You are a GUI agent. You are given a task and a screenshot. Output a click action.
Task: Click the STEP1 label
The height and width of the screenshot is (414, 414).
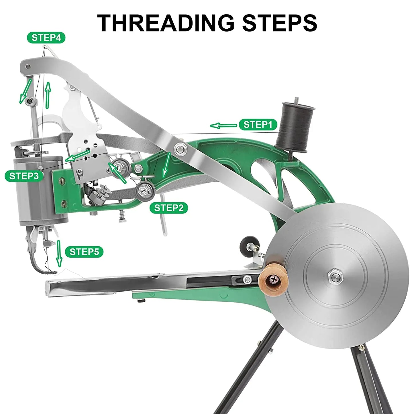pyautogui.click(x=258, y=125)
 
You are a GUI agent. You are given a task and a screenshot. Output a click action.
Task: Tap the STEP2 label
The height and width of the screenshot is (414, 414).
pyautogui.click(x=169, y=208)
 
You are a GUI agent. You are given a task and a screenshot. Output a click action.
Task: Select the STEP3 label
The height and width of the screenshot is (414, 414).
pyautogui.click(x=24, y=176)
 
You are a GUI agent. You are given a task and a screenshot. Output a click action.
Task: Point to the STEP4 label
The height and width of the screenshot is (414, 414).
pyautogui.click(x=46, y=38)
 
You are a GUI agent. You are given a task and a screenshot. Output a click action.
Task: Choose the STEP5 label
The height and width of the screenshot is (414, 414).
pyautogui.click(x=84, y=252)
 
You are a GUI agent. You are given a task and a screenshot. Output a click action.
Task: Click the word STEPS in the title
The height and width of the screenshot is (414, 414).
pyautogui.click(x=279, y=23)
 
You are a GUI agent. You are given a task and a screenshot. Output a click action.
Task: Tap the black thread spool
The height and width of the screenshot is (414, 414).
pyautogui.click(x=295, y=126)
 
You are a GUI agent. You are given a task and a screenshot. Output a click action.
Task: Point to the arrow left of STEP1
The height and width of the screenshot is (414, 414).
pyautogui.click(x=223, y=125)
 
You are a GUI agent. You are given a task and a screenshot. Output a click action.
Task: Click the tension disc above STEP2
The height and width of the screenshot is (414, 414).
pyautogui.click(x=145, y=189)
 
